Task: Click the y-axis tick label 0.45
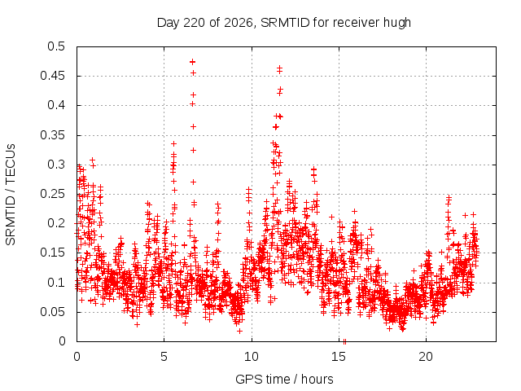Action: coord(52,76)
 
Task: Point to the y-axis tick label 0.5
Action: coord(56,46)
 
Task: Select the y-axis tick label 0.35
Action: coord(52,135)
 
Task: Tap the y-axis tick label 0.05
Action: coord(52,312)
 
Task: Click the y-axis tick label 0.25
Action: coord(52,194)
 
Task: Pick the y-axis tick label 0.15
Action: coord(52,253)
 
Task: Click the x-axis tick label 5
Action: coord(164,357)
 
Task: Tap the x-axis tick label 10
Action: coord(252,357)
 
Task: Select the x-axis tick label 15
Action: coord(339,357)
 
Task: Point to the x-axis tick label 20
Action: coord(426,357)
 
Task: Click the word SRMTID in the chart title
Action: coord(285,23)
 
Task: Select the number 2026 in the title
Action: coord(239,23)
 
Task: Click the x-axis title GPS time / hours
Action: coord(284,380)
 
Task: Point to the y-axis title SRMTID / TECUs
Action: coord(11,195)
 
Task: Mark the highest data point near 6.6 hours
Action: coord(193,62)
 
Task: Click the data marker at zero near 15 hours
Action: coord(344,341)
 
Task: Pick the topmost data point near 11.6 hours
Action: coord(280,68)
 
